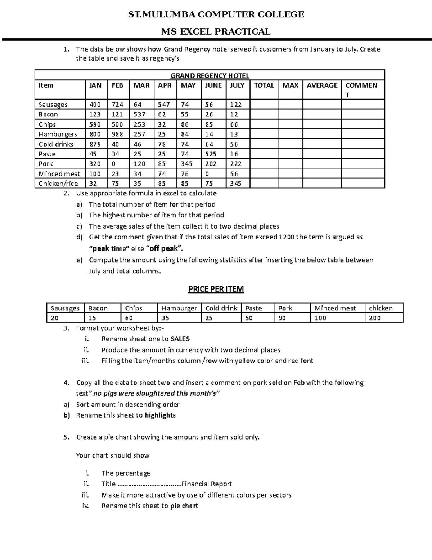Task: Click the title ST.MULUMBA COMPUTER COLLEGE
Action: click(x=216, y=14)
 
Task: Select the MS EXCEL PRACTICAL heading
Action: click(x=216, y=32)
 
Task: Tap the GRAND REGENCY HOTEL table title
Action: click(x=210, y=76)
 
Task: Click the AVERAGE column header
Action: click(x=322, y=85)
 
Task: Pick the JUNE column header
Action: click(x=213, y=85)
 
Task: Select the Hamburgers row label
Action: click(x=58, y=134)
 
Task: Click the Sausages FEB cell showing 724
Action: click(x=117, y=105)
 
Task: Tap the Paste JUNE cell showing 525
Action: click(x=211, y=154)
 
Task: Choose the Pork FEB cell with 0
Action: click(x=114, y=164)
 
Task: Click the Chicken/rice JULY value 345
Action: click(x=236, y=184)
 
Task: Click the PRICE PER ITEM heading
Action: click(x=216, y=289)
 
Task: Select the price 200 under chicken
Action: click(x=375, y=318)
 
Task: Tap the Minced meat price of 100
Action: click(x=320, y=318)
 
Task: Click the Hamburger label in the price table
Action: click(x=179, y=308)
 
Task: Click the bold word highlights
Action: click(x=160, y=415)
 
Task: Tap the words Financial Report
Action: click(x=207, y=484)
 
